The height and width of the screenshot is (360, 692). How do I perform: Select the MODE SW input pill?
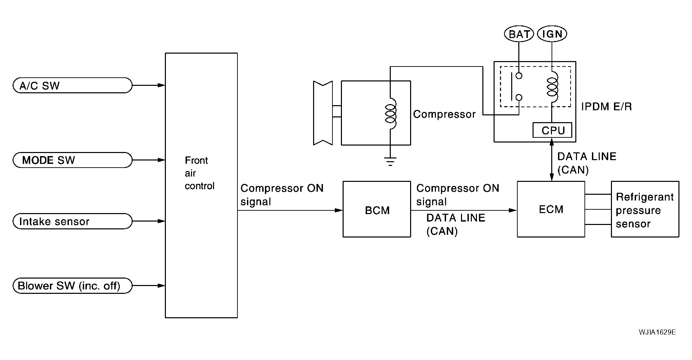point(72,160)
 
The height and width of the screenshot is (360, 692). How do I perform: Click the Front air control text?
point(199,173)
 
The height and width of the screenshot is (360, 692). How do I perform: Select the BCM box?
point(377,209)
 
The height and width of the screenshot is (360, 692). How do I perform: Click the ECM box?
point(551,209)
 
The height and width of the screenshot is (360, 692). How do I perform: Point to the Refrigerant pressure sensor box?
point(645,209)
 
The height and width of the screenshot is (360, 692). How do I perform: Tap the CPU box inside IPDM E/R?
point(553,130)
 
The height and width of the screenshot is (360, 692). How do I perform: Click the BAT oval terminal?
point(519,34)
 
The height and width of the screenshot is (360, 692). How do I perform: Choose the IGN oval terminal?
point(552,34)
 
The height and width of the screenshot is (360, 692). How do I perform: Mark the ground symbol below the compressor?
point(390,162)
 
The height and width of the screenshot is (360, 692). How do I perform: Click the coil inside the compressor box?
point(390,114)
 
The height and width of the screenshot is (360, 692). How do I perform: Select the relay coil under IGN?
point(552,87)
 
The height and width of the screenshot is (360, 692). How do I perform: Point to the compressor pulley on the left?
point(323,113)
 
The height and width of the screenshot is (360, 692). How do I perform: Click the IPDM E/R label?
point(607,107)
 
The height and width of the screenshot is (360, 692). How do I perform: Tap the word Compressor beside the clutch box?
point(444,114)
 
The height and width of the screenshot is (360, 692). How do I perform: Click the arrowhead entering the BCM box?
point(339,210)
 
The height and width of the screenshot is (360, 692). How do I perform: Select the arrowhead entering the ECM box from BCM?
point(513,210)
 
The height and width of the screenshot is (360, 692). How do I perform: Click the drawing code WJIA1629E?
point(657,332)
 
